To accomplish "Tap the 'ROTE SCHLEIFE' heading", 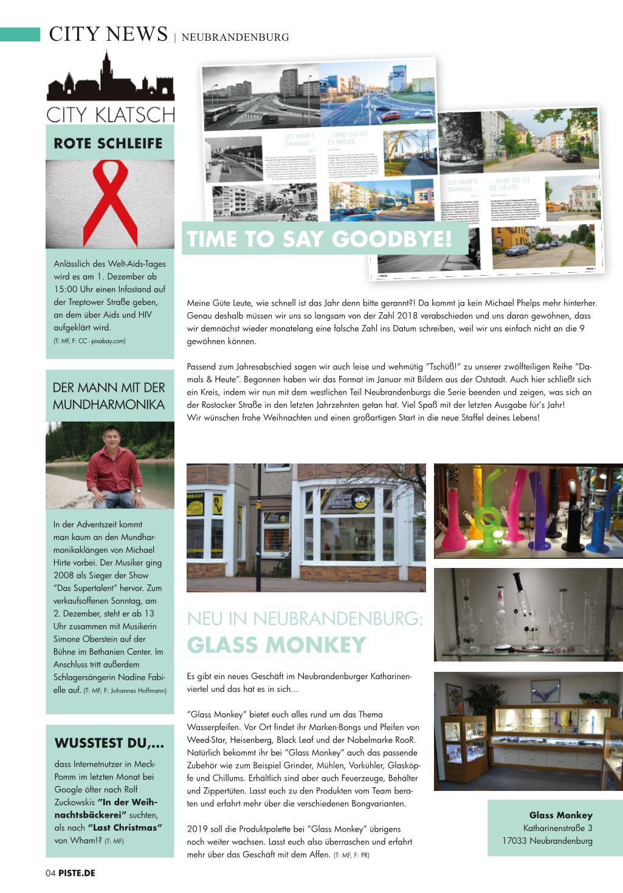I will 108,143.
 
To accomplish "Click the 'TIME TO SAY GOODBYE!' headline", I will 320,239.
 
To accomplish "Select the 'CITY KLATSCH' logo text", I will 110,114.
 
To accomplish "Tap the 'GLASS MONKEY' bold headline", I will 277,644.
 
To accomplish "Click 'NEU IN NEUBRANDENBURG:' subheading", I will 305,618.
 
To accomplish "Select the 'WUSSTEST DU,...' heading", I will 109,743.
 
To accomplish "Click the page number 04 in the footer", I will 50,873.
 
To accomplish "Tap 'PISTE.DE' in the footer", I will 77,873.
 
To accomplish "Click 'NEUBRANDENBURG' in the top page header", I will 235,37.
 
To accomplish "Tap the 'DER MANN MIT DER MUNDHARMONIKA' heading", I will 109,395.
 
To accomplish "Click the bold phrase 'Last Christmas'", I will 125,827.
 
